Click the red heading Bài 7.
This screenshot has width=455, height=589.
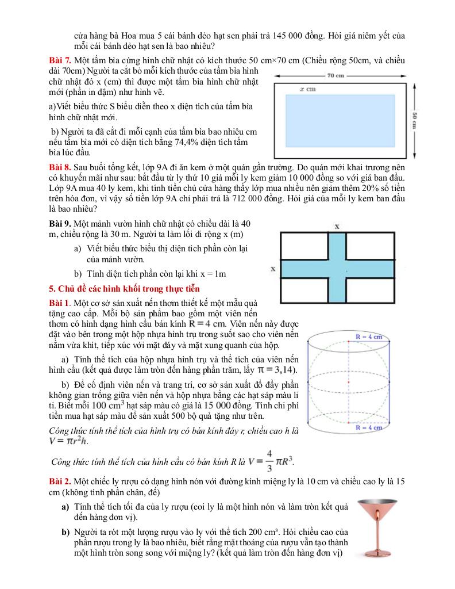(x=60, y=60)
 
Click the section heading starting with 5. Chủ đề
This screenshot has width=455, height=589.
(x=124, y=288)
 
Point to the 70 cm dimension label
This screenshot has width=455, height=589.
(x=336, y=75)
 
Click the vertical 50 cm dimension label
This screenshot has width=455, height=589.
(x=414, y=121)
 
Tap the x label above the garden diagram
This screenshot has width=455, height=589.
(x=337, y=226)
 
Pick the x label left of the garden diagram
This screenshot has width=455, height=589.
(x=273, y=269)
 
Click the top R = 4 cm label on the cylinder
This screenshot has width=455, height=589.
(x=368, y=337)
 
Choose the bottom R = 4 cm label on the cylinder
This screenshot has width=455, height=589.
(x=368, y=428)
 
